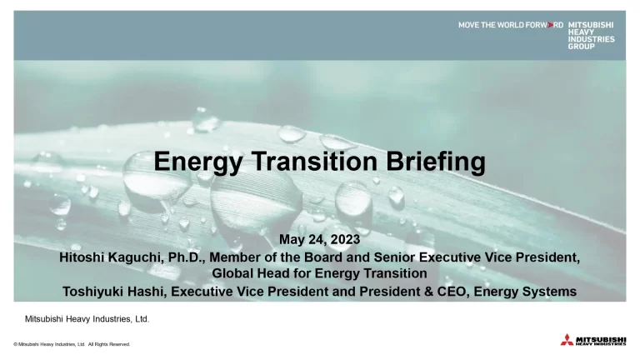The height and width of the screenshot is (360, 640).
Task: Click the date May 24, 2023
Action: (320, 240)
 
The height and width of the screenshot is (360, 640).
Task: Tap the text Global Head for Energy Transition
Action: (320, 273)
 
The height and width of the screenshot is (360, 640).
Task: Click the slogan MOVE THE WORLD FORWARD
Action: (510, 25)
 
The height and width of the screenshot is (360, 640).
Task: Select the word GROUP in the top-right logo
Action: (582, 47)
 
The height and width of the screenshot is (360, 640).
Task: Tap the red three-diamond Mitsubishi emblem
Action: (567, 340)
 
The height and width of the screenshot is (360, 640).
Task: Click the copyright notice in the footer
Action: (72, 343)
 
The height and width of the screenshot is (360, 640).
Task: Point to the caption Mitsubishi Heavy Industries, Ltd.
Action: (87, 319)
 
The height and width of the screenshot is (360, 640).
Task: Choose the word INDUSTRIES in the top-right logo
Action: (592, 39)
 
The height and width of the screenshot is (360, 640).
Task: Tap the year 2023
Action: (343, 240)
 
